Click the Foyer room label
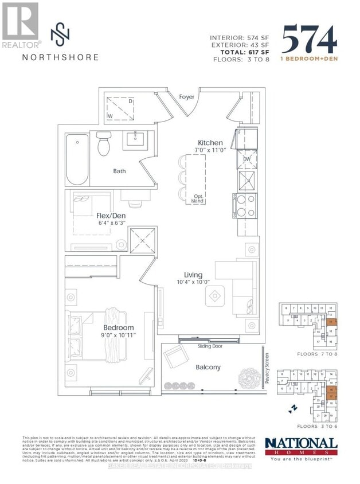point(187,97)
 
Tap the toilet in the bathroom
point(103,143)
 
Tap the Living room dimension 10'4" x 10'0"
point(193,282)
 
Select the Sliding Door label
point(194,347)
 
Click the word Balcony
point(208,367)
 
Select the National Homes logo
point(301,447)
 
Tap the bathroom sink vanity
point(137,140)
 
